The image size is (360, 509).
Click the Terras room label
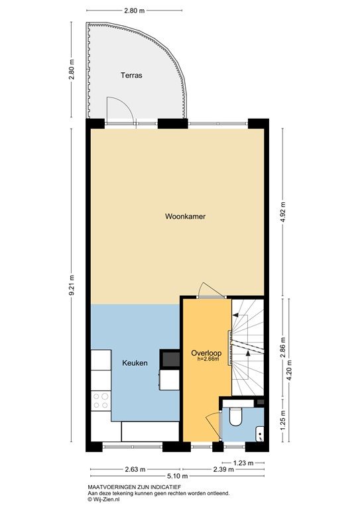[131, 76]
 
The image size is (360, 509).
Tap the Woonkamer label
[186, 216]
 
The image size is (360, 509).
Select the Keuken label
[135, 363]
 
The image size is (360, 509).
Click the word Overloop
[206, 353]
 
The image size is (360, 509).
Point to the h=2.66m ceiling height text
[208, 359]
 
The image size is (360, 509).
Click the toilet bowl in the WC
[235, 417]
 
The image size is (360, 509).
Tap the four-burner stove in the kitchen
[101, 400]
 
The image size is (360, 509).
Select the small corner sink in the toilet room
[260, 434]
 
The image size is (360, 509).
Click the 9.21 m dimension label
[72, 285]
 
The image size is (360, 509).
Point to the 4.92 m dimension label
[283, 212]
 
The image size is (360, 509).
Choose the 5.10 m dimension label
[177, 477]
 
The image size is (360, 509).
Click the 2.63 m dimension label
[135, 469]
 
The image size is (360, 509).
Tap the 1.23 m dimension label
[243, 463]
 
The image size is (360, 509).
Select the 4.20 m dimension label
[290, 370]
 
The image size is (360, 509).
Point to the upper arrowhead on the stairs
[235, 315]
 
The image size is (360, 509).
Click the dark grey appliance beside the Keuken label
[170, 359]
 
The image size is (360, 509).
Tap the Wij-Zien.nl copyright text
[103, 500]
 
